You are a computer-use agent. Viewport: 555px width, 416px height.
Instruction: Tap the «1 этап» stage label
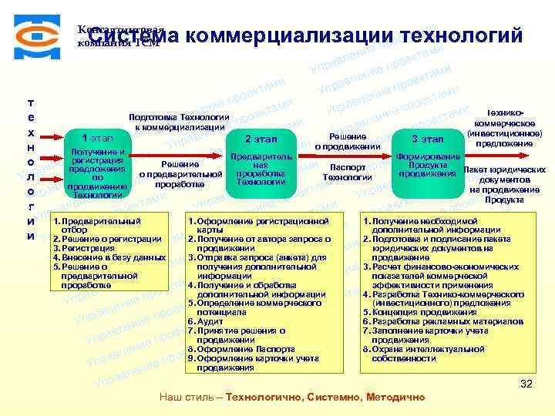coord(97,137)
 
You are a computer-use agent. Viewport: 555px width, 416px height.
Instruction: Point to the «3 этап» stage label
coord(426,139)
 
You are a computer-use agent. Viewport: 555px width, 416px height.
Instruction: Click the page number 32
coord(526,384)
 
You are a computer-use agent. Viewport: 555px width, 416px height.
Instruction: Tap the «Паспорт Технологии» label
coord(347,172)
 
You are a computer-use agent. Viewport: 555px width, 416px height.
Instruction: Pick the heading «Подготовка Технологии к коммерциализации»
coord(179,121)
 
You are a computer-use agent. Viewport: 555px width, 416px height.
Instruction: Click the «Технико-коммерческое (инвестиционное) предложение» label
coord(504,127)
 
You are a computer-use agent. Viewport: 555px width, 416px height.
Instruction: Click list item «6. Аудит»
coord(210,320)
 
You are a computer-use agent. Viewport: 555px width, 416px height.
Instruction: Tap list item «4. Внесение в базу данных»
coord(109,257)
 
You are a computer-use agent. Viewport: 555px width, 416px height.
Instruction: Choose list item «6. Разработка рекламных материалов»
coord(444,320)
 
